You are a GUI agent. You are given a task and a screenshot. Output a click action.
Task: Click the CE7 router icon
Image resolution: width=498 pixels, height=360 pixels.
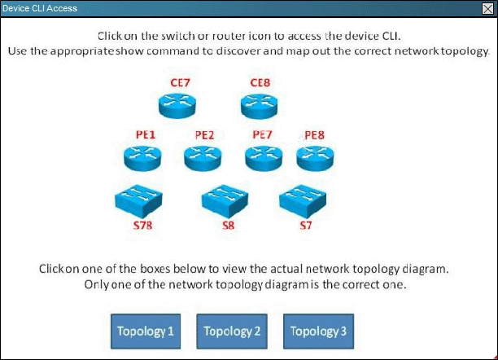click(x=177, y=104)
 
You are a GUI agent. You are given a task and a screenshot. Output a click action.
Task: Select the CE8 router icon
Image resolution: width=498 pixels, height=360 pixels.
click(x=260, y=104)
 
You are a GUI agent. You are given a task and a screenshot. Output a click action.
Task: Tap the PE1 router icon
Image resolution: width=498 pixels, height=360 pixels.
click(x=143, y=156)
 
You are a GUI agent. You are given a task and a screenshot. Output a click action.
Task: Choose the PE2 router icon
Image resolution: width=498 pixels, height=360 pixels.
click(x=203, y=156)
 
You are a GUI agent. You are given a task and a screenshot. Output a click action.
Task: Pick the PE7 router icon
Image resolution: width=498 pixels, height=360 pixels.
click(x=263, y=156)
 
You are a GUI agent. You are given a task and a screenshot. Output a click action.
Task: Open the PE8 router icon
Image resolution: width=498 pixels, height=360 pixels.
click(x=315, y=156)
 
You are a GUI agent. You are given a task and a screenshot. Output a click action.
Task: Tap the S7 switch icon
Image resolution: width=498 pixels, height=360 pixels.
click(x=304, y=199)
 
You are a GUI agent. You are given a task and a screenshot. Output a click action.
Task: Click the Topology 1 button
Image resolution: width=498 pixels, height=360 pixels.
click(x=146, y=331)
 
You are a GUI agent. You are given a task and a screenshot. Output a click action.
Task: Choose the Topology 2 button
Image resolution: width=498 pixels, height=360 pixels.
click(x=232, y=331)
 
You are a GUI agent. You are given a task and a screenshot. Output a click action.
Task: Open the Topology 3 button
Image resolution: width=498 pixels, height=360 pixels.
click(x=318, y=331)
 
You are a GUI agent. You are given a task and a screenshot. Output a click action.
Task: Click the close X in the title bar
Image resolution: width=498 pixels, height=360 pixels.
click(x=487, y=8)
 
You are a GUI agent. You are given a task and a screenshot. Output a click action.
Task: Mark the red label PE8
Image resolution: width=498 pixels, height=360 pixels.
click(x=314, y=134)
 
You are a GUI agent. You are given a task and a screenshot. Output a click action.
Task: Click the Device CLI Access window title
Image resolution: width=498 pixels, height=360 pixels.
click(x=40, y=8)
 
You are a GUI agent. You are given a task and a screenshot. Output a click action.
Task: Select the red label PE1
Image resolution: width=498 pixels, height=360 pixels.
click(x=144, y=134)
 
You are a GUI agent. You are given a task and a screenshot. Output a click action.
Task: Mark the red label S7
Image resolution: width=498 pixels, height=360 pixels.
click(x=305, y=225)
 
